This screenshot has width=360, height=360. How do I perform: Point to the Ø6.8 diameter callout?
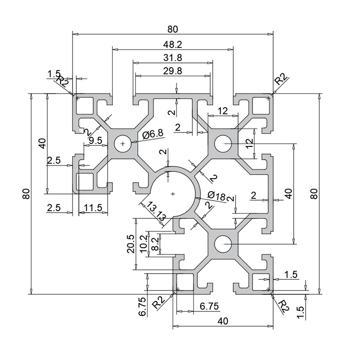pos(153,135)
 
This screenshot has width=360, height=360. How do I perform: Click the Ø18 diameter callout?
pos(217,195)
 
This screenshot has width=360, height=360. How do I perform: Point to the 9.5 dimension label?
pos(96,140)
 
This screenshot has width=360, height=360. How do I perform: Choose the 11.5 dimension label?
pos(92,207)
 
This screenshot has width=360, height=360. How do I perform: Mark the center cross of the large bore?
pos(173,193)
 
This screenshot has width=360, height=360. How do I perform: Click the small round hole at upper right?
pos(223,143)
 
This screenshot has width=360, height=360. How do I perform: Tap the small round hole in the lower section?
pos(223,244)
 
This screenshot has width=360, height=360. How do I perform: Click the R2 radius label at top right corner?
pos(281,78)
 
